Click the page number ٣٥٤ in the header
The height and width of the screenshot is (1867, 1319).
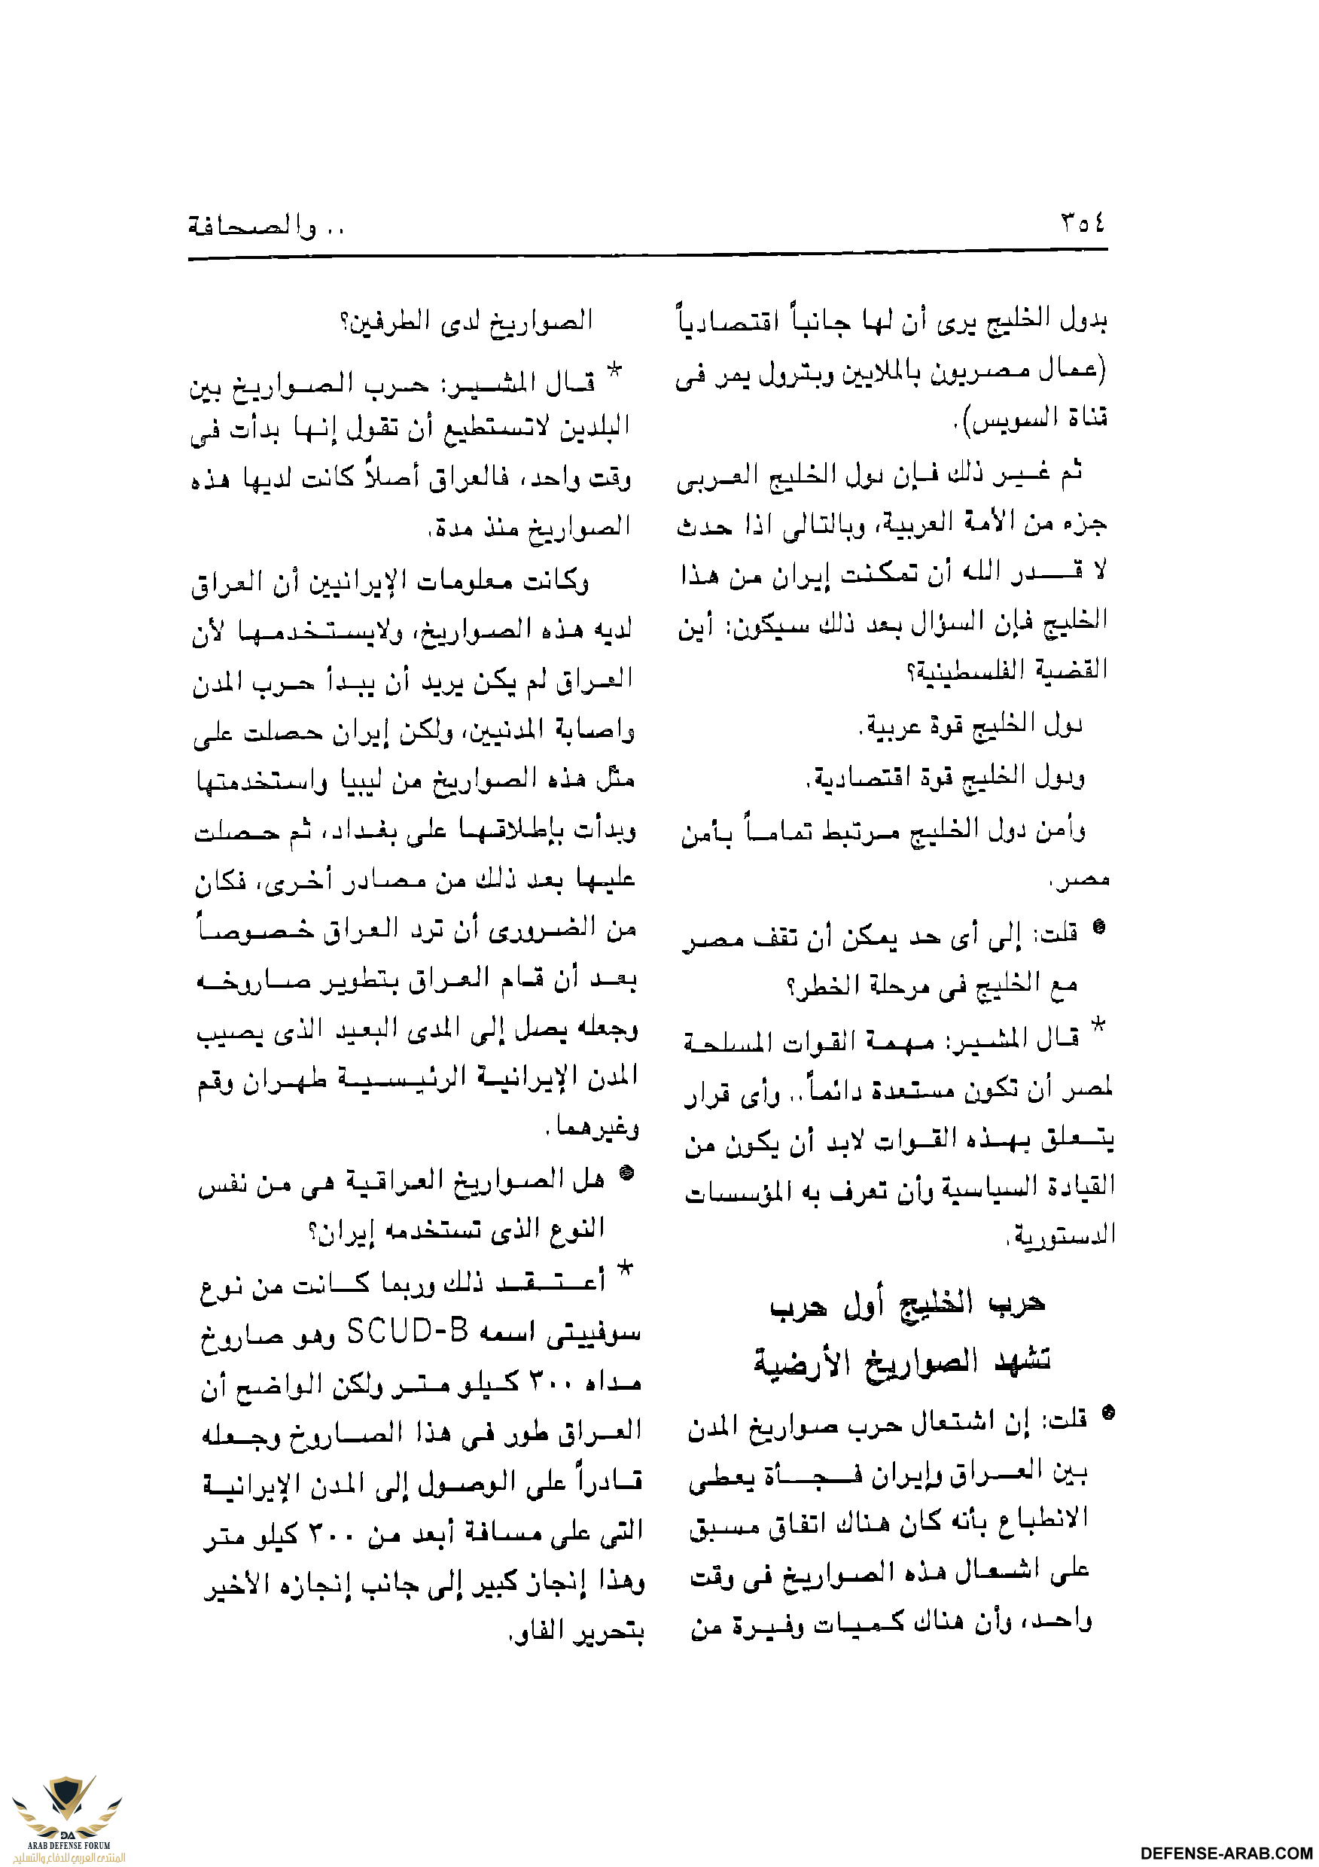click(x=1083, y=222)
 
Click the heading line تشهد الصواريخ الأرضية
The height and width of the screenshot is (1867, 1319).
click(x=902, y=1360)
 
